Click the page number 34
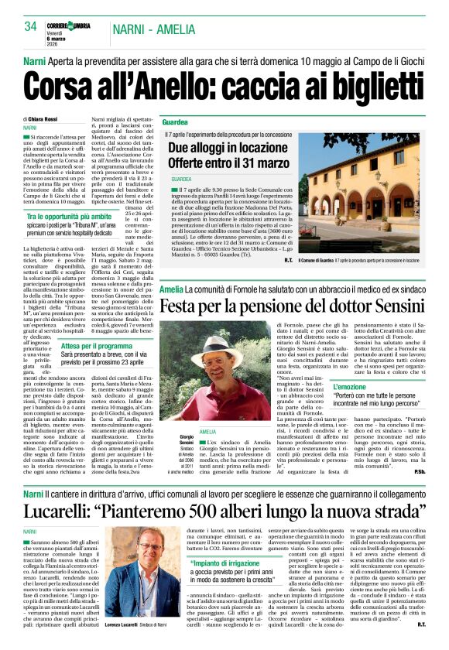click(x=30, y=26)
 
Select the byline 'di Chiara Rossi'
click(x=40, y=119)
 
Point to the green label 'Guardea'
click(x=175, y=122)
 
